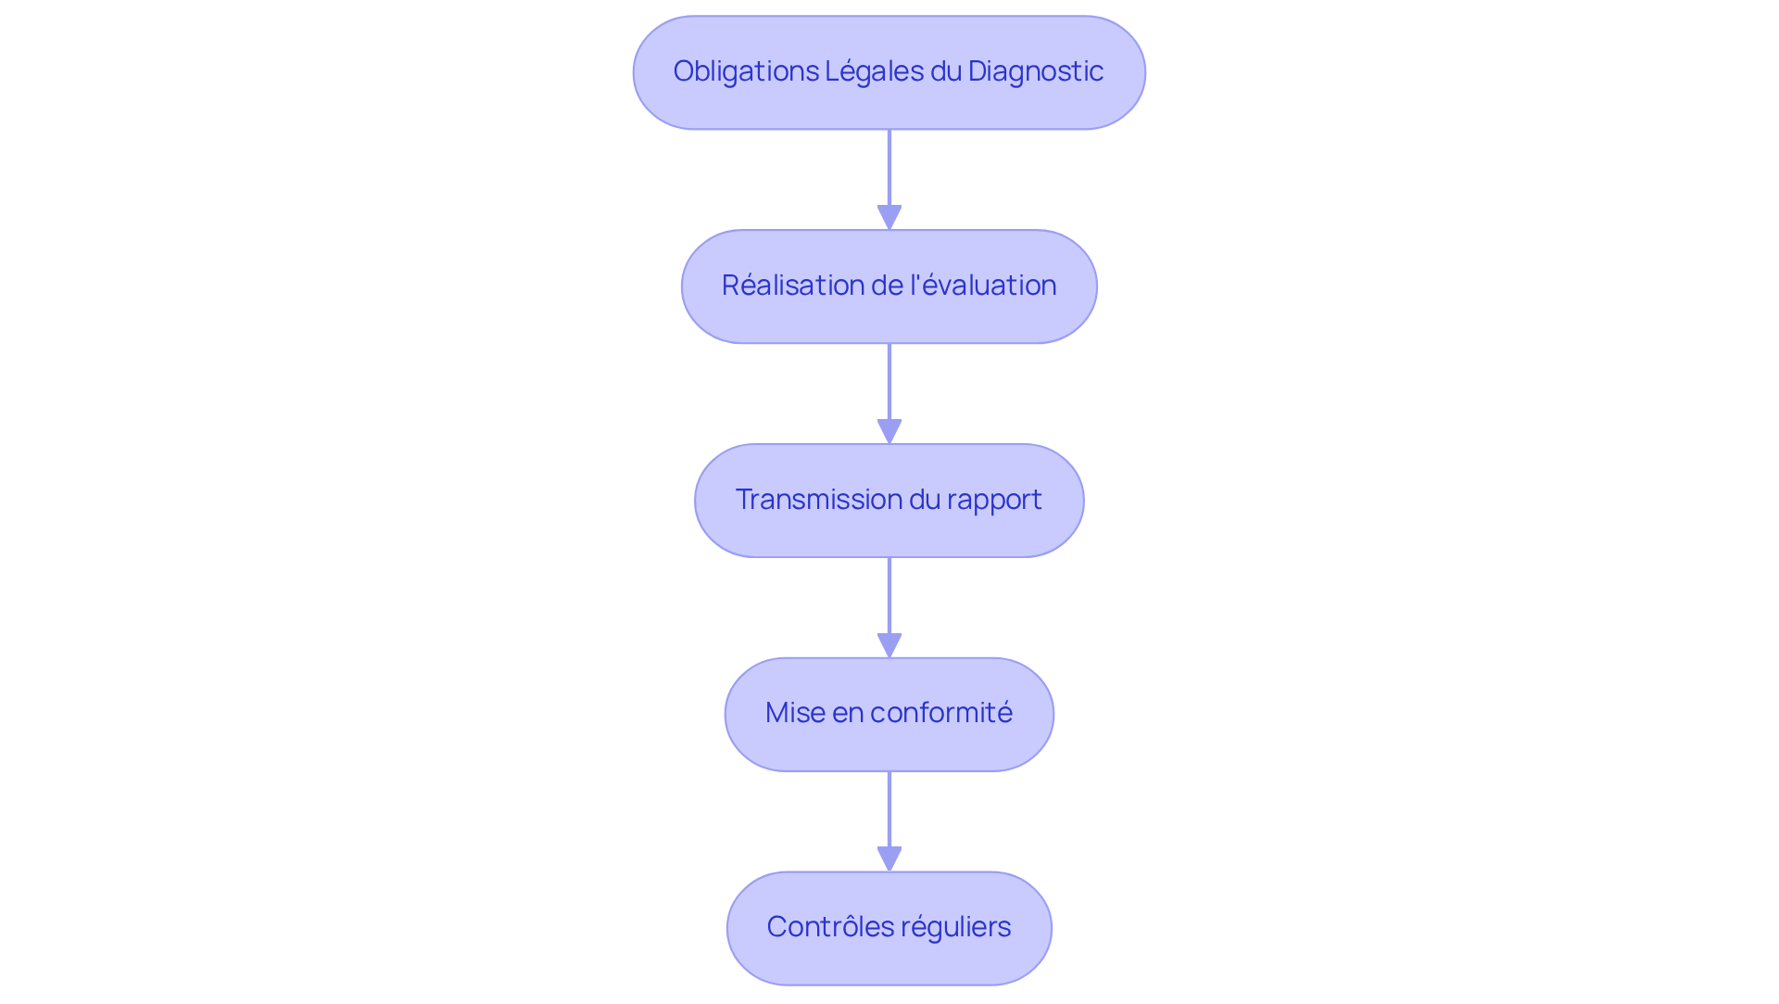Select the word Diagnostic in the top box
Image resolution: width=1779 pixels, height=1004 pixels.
[x=1035, y=72]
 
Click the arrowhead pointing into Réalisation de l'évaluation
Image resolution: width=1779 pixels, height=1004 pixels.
[x=889, y=218]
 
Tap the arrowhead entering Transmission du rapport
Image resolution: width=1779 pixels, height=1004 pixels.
[x=889, y=432]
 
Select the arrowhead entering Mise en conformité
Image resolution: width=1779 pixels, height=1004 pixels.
[x=889, y=646]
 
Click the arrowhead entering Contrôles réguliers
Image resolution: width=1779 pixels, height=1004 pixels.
[x=889, y=859]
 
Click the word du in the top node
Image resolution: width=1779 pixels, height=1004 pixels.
[x=946, y=71]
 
